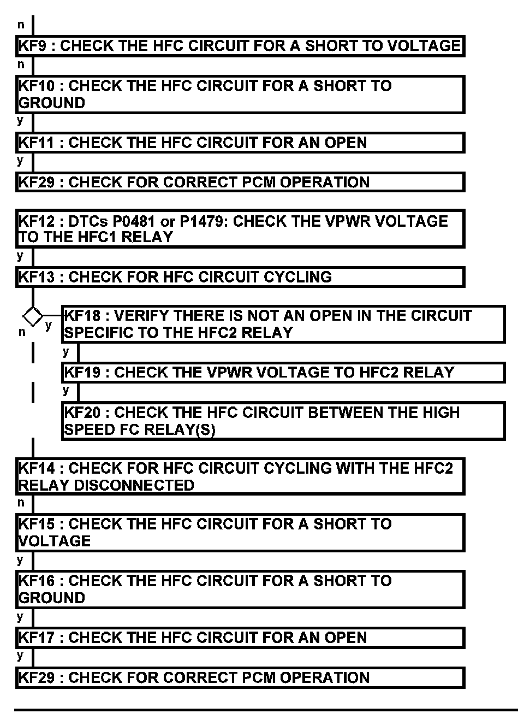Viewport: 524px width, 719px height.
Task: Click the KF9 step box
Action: pos(240,46)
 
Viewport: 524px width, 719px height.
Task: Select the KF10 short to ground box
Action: pos(240,95)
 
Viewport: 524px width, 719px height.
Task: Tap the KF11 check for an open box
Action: pos(240,143)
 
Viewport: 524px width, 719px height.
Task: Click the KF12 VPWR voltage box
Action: pos(240,229)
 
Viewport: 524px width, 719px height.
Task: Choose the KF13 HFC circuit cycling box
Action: pos(240,277)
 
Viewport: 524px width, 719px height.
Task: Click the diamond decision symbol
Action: pos(33,316)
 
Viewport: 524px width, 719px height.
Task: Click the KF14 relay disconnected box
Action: pos(240,476)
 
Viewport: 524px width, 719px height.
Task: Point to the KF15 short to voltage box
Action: pos(240,532)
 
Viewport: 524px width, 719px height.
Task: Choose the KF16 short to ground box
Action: pos(240,589)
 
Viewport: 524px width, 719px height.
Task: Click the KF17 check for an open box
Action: pos(240,638)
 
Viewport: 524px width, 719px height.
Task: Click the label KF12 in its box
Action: pos(37,221)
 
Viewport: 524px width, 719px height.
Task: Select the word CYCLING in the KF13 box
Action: pos(297,277)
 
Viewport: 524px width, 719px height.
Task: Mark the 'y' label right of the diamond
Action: pos(48,326)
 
